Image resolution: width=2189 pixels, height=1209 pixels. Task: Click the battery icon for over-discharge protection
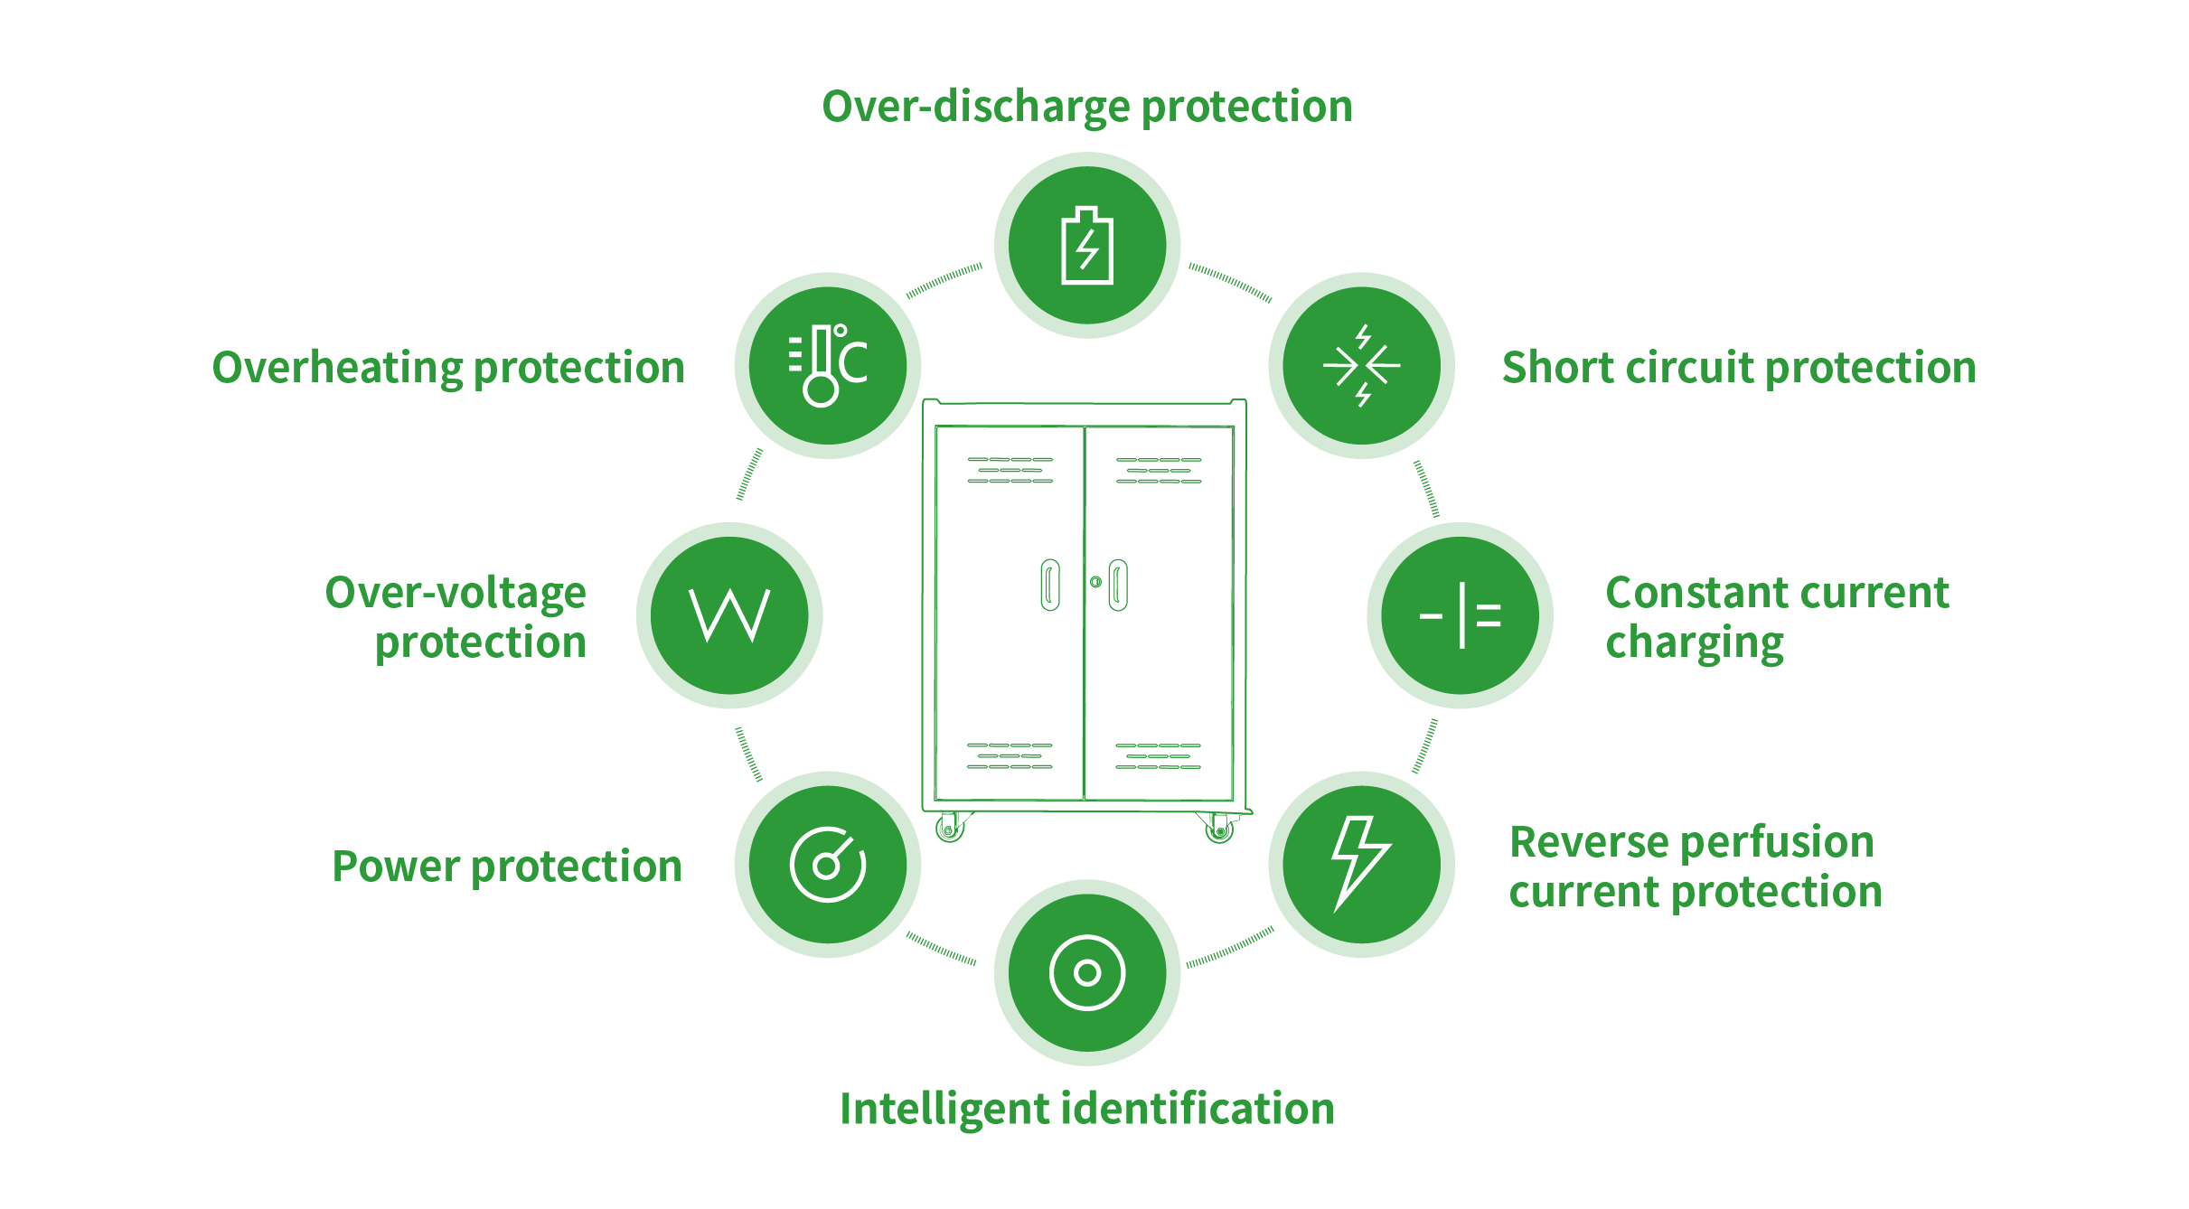[1087, 246]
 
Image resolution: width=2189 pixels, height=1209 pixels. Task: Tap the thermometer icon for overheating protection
[827, 366]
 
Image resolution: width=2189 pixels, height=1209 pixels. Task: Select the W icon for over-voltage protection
[729, 615]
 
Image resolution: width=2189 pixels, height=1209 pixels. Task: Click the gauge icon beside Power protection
[827, 865]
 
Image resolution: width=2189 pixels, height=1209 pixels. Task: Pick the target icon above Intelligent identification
[1087, 972]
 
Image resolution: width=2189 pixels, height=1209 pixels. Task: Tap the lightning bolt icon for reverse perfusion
[1360, 863]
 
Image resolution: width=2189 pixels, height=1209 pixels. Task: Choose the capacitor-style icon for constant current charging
[1460, 615]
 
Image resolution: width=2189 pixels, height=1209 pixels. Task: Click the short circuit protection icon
[1361, 366]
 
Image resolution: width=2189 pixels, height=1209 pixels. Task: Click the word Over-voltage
[456, 594]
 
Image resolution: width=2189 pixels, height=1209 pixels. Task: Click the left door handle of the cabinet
[1049, 585]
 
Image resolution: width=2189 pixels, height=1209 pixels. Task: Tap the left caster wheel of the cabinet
[949, 828]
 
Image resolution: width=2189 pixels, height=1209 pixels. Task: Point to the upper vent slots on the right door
[1159, 470]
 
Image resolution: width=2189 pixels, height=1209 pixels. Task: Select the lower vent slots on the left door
[1010, 755]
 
